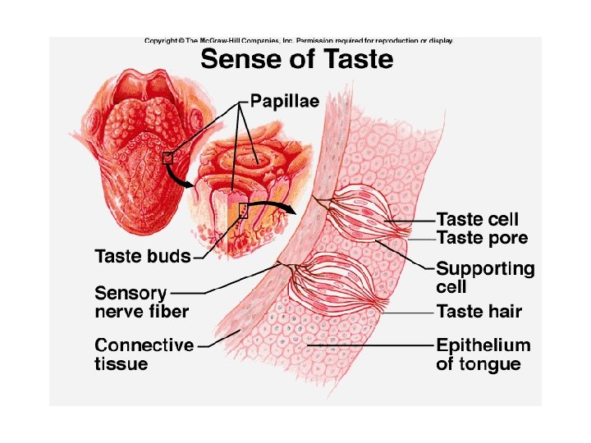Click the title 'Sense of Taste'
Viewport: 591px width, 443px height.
click(x=297, y=60)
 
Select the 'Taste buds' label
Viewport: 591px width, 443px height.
click(x=143, y=256)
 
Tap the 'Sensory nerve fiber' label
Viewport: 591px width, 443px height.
click(x=141, y=302)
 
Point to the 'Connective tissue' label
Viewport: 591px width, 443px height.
click(x=144, y=354)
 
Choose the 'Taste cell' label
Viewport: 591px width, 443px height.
click(x=477, y=220)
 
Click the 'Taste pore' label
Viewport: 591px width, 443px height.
click(x=482, y=238)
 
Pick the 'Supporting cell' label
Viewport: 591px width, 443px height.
click(x=484, y=277)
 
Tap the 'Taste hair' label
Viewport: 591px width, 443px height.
click(x=479, y=312)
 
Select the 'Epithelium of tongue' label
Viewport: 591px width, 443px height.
click(x=483, y=354)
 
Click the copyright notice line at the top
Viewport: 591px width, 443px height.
click(x=298, y=40)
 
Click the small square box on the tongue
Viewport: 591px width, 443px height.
click(x=167, y=158)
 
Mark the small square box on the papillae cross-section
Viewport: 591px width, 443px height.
click(x=243, y=210)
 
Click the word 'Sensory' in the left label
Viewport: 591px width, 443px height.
click(x=131, y=293)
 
